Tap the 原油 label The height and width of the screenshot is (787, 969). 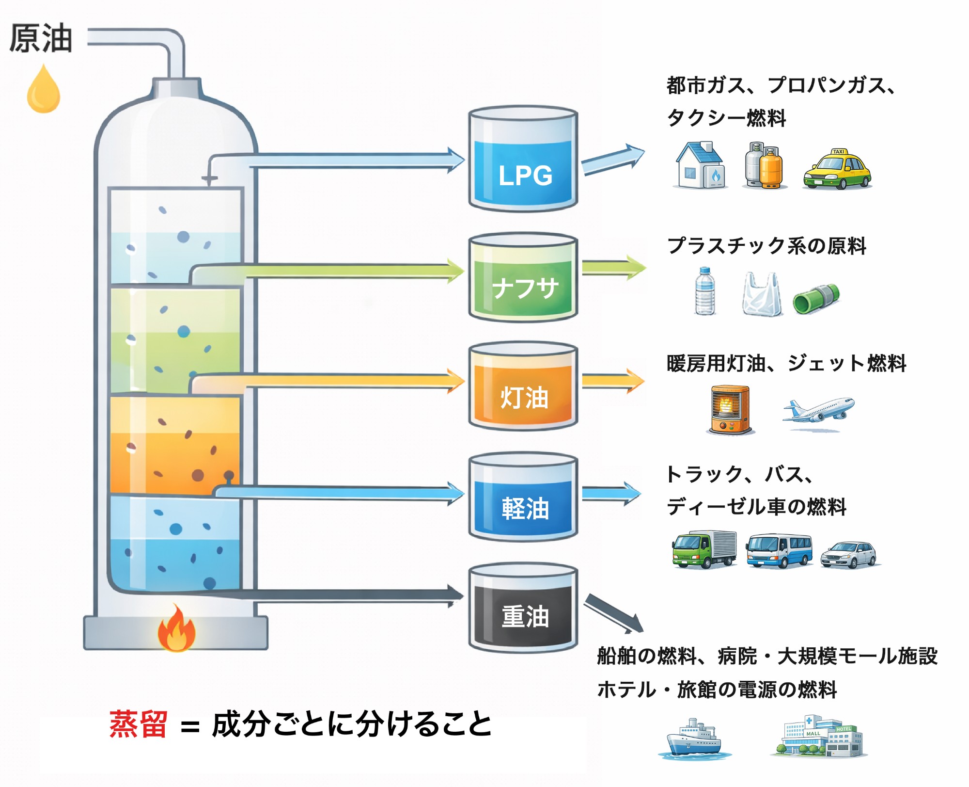point(41,38)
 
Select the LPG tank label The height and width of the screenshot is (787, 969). point(525,175)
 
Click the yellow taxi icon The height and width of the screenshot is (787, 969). point(837,169)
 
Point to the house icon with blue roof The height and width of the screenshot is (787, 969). point(701,165)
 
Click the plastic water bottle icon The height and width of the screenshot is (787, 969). point(705,291)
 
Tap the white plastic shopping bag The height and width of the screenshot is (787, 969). point(762,294)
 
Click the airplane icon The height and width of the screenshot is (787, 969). point(818,410)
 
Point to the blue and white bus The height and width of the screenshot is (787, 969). point(779,551)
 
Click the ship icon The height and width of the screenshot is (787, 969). point(693,738)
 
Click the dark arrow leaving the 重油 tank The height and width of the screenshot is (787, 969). point(613,614)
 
